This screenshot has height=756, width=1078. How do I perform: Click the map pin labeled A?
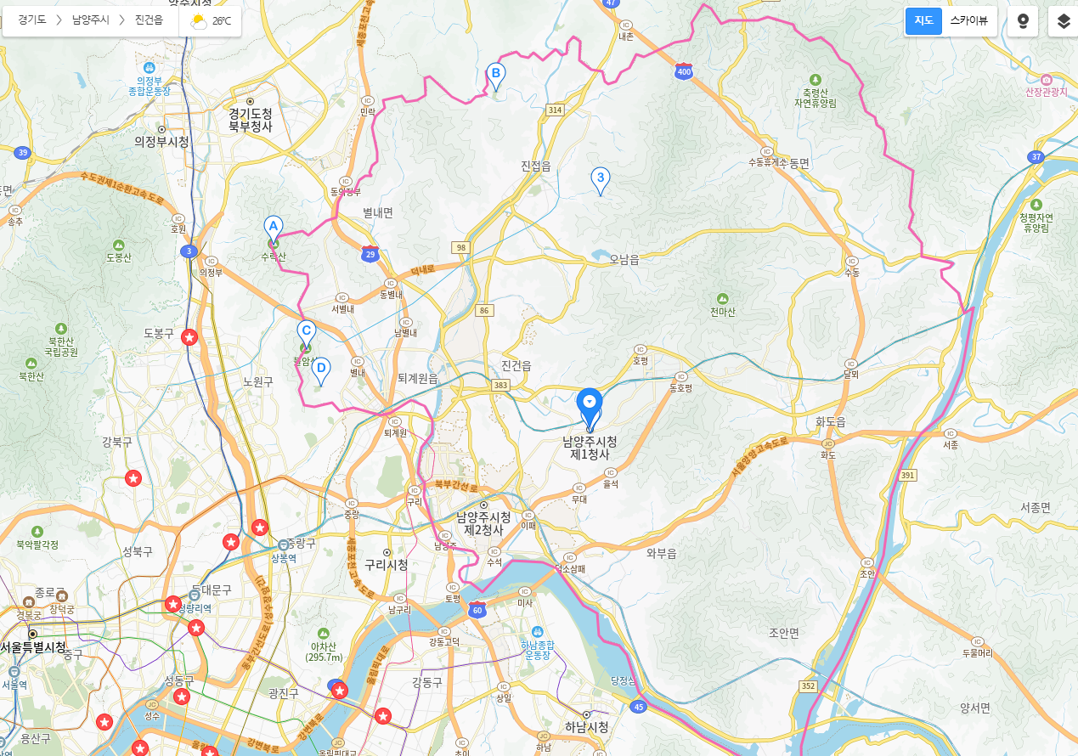[x=273, y=227]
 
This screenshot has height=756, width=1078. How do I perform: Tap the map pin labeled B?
[x=496, y=75]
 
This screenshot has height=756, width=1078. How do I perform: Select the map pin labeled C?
[x=307, y=332]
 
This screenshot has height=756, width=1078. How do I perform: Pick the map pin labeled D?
[x=321, y=370]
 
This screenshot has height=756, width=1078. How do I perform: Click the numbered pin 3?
[x=601, y=178]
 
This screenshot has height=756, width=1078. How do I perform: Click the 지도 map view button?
[x=923, y=21]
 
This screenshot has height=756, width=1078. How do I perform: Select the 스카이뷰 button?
[x=968, y=21]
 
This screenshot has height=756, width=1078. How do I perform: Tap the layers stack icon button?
[x=1063, y=21]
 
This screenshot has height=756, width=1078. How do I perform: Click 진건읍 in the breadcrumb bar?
[x=149, y=20]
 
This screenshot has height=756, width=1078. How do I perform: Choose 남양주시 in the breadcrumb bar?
[x=91, y=20]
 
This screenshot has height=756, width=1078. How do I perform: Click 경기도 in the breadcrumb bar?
[x=32, y=20]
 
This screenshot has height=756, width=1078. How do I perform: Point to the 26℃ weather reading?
[x=222, y=21]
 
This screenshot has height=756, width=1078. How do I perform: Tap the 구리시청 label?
[x=387, y=566]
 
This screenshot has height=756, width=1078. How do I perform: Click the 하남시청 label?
[x=586, y=727]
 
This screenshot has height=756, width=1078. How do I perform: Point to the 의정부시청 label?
[x=161, y=142]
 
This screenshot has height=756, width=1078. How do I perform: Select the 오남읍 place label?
[x=624, y=260]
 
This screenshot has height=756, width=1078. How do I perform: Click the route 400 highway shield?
[x=684, y=71]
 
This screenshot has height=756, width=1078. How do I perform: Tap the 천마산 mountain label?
[x=722, y=312]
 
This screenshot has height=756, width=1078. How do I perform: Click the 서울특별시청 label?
[x=34, y=647]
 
